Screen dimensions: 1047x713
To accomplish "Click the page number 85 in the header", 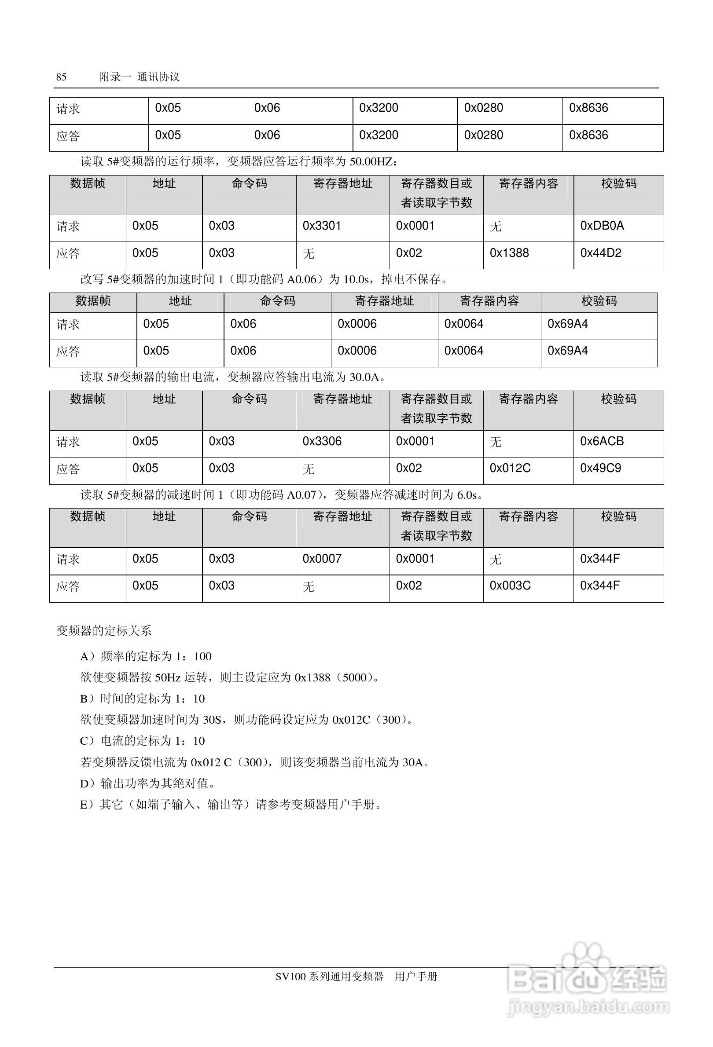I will point(61,77).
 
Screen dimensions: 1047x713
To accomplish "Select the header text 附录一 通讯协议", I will point(139,77).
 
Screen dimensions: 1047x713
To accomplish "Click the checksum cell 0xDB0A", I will point(602,226).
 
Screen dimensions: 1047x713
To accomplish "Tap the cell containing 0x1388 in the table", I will point(509,253).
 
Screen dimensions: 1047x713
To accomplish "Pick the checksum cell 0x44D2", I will point(600,253).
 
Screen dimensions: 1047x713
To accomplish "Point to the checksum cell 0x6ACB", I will point(602,441).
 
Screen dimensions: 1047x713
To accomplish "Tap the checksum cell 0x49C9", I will point(600,469).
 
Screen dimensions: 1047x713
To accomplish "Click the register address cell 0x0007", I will point(322,559).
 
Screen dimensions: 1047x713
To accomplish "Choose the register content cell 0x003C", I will point(510,586).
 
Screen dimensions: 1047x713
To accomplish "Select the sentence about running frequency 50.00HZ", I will point(239,161).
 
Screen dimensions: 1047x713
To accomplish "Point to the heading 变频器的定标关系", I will point(104,631).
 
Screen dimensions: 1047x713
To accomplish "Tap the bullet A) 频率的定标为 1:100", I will point(146,656).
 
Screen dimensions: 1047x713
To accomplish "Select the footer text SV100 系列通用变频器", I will point(330,976).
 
